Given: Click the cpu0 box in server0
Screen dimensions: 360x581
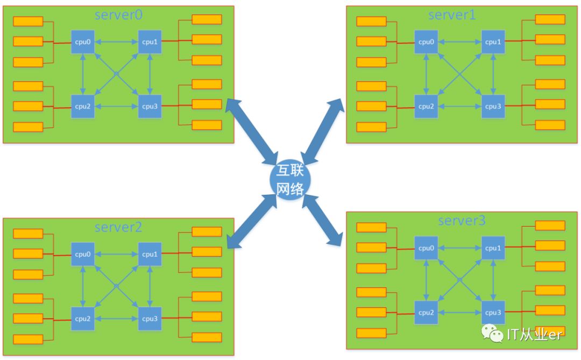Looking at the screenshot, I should pyautogui.click(x=83, y=42).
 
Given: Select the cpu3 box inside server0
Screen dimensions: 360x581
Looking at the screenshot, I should pyautogui.click(x=150, y=106).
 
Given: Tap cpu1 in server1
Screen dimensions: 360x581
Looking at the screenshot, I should pyautogui.click(x=493, y=42).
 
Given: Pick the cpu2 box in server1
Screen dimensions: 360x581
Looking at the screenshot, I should pyautogui.click(x=426, y=106).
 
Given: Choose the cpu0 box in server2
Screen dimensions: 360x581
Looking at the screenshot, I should pyautogui.click(x=83, y=254).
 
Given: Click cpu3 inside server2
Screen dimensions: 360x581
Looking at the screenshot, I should pyautogui.click(x=150, y=318).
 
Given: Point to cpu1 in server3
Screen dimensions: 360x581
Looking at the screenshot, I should pyautogui.click(x=493, y=248).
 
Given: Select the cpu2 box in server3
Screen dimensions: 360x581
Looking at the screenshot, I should pyautogui.click(x=426, y=312).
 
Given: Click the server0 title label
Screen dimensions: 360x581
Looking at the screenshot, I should pyautogui.click(x=118, y=15).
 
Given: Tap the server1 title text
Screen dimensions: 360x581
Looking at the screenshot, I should pyautogui.click(x=452, y=15).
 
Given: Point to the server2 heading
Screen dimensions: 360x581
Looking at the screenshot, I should pyautogui.click(x=118, y=227).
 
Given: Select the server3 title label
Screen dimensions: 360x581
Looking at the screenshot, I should pyautogui.click(x=462, y=220).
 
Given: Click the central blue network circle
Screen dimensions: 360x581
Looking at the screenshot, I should pyautogui.click(x=290, y=180).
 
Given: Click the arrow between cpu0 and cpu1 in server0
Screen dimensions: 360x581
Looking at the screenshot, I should pyautogui.click(x=116, y=42).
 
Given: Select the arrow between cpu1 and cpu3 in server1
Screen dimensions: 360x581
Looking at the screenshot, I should pyautogui.click(x=493, y=74).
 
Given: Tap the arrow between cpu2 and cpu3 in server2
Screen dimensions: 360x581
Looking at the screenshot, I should pyautogui.click(x=116, y=318).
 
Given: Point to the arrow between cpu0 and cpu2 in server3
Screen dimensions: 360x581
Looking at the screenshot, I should pyautogui.click(x=426, y=280).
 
